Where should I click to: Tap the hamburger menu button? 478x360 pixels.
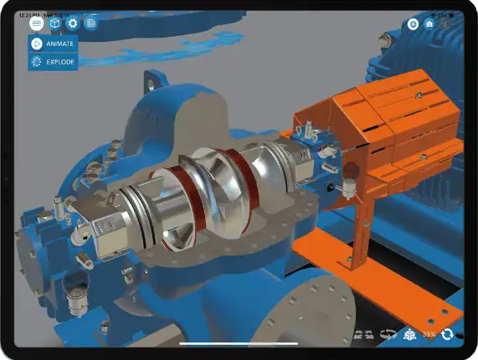pos(37,24)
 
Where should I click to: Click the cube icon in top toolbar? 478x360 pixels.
pos(54,24)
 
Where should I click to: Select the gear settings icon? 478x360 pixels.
pos(73,24)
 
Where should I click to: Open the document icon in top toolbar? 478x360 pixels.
pos(90,24)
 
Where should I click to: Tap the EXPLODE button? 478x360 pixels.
pos(54,62)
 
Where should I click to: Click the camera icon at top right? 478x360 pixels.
pos(429,24)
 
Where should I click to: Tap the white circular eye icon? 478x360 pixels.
pos(413,24)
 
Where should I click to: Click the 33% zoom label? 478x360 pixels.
pos(429,334)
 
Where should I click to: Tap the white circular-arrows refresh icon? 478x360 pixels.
pos(447,334)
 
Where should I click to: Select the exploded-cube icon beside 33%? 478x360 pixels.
pos(410,334)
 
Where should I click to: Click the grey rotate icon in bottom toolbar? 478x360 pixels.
pos(387,334)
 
